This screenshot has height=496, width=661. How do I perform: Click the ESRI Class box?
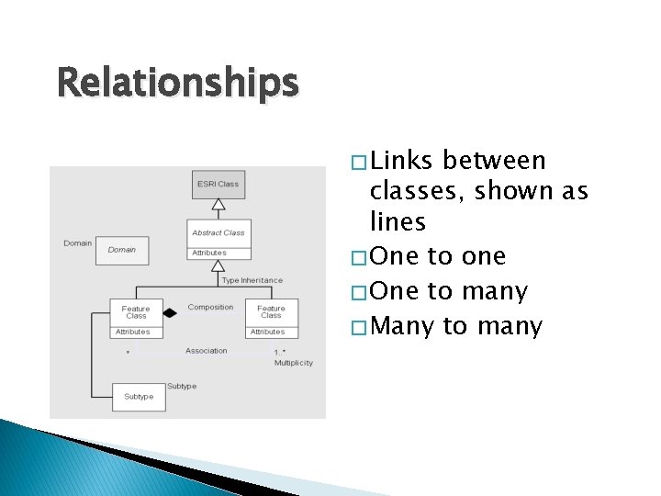[x=218, y=185]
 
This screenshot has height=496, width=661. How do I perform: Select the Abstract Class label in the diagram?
[x=218, y=232]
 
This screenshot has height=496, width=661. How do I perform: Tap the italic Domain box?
[x=121, y=250]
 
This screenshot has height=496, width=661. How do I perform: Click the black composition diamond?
[x=170, y=313]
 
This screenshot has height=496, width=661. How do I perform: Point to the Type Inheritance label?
[x=252, y=280]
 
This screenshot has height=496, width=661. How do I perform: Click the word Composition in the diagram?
[x=210, y=307]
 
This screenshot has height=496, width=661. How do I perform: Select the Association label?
[x=207, y=351]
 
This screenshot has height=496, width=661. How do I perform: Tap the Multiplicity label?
[x=294, y=363]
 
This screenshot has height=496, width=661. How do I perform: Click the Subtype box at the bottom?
[x=139, y=397]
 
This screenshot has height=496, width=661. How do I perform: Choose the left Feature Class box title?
[x=136, y=311]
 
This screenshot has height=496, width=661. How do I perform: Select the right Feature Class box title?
[x=271, y=311]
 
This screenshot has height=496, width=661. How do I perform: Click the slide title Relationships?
[x=177, y=84]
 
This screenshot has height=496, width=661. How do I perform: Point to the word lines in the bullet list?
[x=398, y=221]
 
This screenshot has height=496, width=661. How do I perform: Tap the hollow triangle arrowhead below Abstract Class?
[x=218, y=266]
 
